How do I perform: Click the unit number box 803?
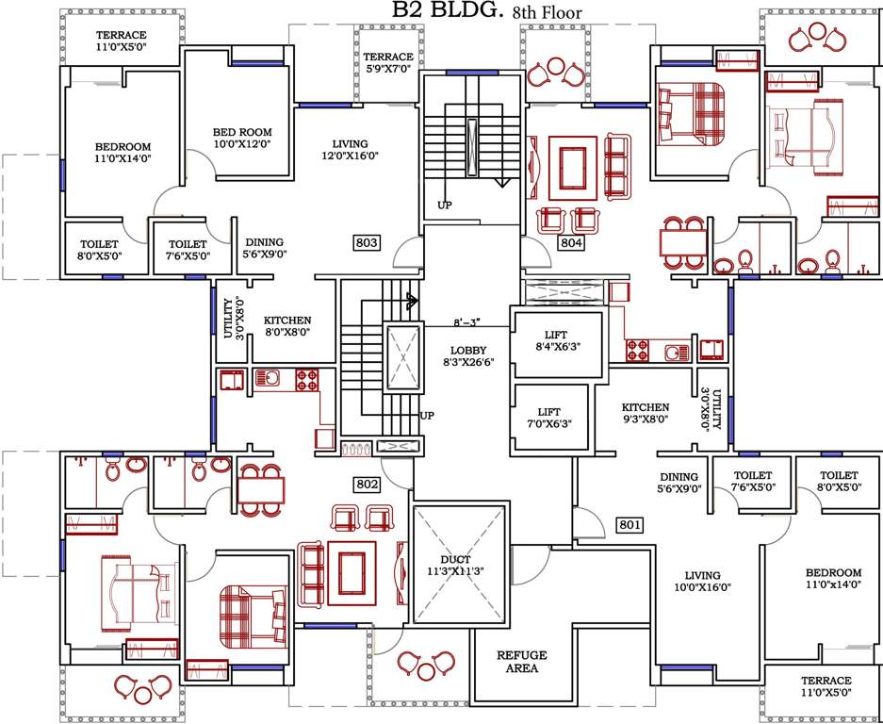coord(367,243)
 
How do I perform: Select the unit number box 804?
coord(572,243)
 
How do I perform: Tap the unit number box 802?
coord(367,485)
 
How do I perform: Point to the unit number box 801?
coord(629,525)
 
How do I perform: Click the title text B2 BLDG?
coord(438,11)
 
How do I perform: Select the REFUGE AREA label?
coord(522,662)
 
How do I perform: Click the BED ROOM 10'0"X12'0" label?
coord(242,138)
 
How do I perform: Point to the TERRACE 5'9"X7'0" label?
coord(389,63)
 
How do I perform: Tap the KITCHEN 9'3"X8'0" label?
coord(646,414)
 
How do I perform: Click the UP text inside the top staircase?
coord(445,205)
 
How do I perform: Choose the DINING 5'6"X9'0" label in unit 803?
coord(264,248)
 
